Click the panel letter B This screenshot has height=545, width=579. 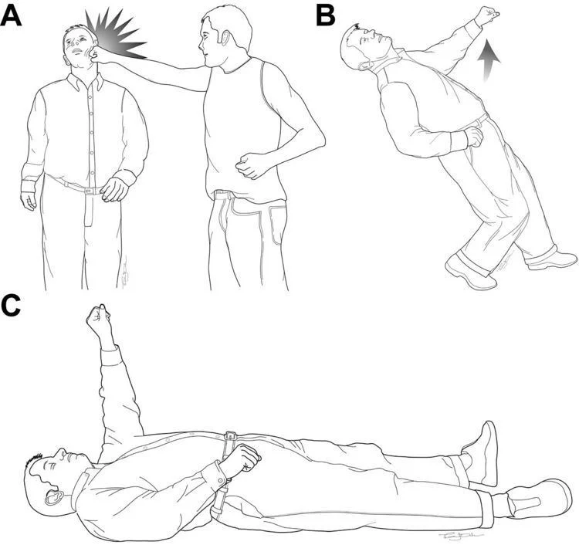click(x=326, y=15)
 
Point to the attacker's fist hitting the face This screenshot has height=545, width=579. click(x=96, y=54)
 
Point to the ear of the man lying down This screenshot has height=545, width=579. click(x=53, y=493)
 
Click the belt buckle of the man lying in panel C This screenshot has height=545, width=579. click(x=229, y=438)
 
